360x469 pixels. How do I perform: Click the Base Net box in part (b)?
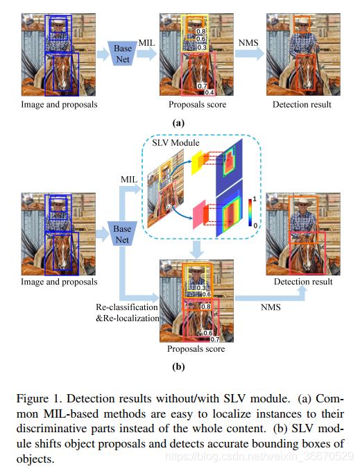(x=123, y=235)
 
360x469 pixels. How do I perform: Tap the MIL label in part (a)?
(x=147, y=44)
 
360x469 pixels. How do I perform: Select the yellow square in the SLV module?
(x=196, y=162)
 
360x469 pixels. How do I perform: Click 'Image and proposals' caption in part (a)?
(x=60, y=105)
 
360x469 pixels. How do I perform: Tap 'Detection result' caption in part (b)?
(x=302, y=282)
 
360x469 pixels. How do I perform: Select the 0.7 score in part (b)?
(x=214, y=339)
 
